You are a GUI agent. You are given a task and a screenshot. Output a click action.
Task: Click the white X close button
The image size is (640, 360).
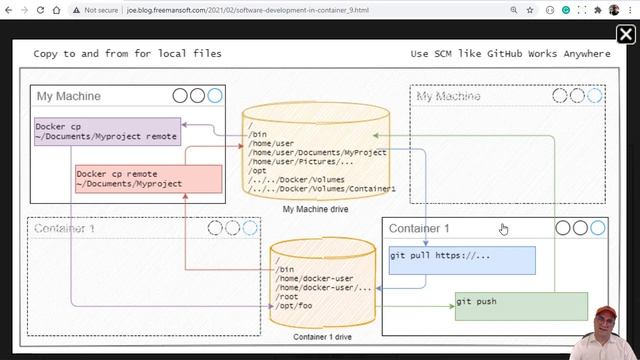625,35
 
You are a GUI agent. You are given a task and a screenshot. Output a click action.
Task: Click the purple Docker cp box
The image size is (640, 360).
107,131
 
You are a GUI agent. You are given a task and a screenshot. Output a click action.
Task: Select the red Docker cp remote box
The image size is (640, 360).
148,178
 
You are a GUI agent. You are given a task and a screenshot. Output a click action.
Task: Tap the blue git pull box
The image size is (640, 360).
461,260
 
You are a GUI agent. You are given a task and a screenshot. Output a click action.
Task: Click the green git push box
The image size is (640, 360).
506,306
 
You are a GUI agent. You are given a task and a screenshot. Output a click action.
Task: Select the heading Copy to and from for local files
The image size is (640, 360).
127,54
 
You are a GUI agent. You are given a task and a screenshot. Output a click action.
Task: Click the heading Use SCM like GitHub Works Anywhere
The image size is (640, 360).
510,54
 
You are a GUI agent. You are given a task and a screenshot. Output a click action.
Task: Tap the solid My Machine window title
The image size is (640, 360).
69,96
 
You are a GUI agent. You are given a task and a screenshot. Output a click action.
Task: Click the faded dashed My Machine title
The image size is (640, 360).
448,96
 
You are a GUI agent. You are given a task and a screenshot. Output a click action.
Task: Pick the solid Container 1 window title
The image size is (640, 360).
419,228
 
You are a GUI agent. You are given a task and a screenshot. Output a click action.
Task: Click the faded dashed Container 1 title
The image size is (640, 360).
65,228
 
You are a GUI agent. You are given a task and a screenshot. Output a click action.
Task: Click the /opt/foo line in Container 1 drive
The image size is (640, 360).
295,307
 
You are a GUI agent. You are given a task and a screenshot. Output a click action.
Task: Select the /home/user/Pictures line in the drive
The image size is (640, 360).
300,161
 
